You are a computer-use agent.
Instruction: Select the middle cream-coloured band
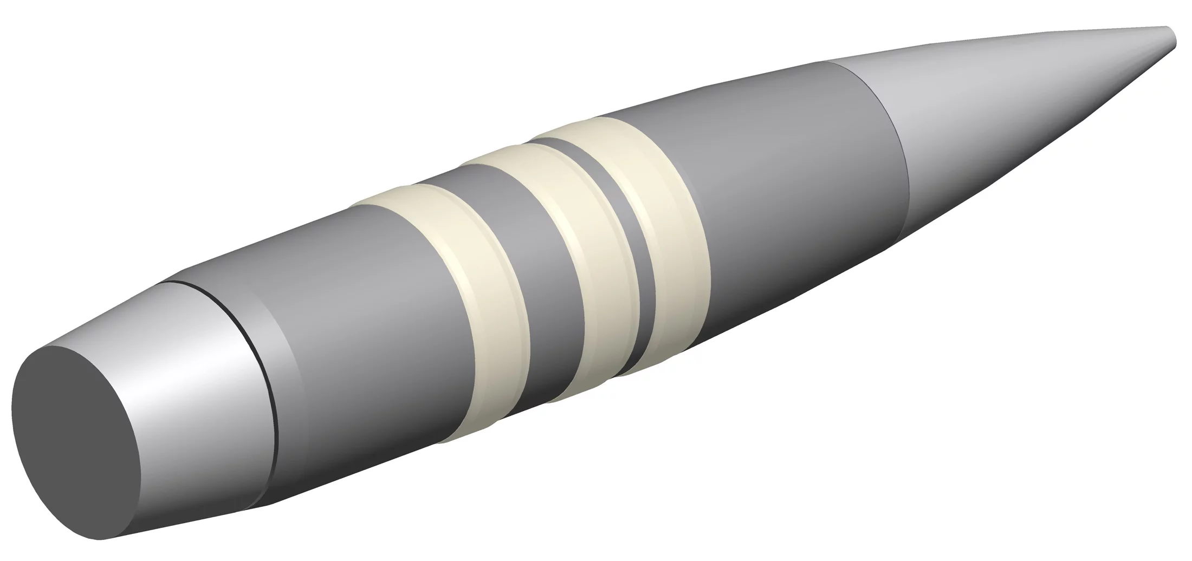(585, 260)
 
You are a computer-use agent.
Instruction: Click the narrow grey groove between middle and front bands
(631, 238)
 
